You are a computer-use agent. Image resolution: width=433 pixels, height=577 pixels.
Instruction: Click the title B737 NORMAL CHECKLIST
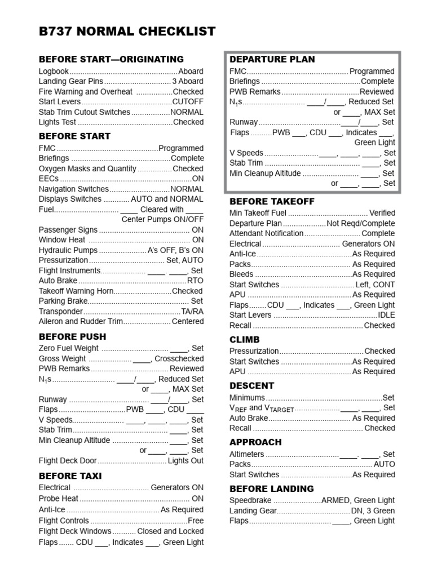(127, 32)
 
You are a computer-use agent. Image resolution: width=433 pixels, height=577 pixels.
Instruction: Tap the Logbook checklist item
(54, 72)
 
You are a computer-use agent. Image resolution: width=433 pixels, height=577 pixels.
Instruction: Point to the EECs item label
(48, 179)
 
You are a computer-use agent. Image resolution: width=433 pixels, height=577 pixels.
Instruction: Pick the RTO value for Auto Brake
(195, 281)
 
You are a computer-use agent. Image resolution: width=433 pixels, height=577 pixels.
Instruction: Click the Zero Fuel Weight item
(68, 348)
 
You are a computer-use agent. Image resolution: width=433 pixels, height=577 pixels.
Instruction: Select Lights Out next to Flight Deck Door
(185, 460)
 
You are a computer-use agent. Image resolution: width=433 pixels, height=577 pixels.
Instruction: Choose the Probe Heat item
(59, 498)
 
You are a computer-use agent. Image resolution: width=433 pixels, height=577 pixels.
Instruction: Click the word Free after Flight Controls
(196, 521)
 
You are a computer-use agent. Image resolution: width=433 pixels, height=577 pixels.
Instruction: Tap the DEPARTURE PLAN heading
(272, 59)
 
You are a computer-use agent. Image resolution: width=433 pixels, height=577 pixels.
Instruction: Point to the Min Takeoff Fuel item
(258, 213)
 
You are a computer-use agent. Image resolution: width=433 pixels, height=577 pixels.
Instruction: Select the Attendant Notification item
(266, 233)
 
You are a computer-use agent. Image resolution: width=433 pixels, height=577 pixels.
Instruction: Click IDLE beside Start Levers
(386, 315)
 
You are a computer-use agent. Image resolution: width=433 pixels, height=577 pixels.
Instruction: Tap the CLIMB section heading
(245, 340)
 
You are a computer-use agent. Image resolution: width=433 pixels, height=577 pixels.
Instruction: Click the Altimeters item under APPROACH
(246, 454)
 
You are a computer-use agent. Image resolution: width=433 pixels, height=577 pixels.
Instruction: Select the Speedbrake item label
(250, 500)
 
